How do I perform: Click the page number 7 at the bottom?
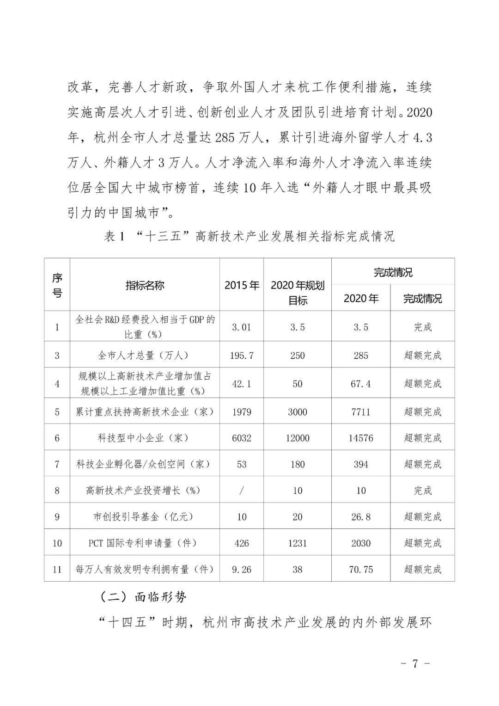[x=414, y=663]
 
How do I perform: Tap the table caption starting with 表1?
[x=249, y=236]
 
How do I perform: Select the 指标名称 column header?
[x=145, y=285]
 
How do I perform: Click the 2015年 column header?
[x=242, y=285]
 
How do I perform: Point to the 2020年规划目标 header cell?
[x=298, y=293]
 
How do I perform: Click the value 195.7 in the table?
[x=242, y=356]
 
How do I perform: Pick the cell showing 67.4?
[x=361, y=384]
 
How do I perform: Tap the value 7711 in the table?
[x=361, y=412]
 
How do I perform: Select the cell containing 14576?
[x=361, y=438]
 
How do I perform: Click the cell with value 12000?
[x=298, y=438]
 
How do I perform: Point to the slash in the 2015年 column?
[x=242, y=491]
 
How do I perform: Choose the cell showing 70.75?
[x=361, y=570]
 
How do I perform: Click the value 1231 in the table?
[x=298, y=543]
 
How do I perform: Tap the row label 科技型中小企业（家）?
[x=145, y=438]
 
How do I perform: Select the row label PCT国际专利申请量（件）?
[x=145, y=543]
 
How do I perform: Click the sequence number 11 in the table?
[x=57, y=570]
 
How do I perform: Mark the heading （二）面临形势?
[x=143, y=597]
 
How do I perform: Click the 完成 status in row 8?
[x=422, y=491]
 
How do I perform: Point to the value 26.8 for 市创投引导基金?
[x=361, y=517]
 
